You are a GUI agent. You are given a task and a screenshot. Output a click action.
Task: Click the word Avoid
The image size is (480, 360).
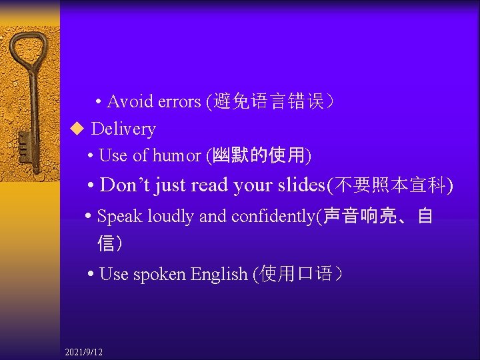(x=131, y=101)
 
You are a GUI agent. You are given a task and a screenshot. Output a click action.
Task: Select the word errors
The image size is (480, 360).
(x=179, y=101)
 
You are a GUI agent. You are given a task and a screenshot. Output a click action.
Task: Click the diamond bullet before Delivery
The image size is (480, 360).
(x=75, y=128)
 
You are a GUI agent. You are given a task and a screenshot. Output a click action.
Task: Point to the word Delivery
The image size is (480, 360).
(x=123, y=129)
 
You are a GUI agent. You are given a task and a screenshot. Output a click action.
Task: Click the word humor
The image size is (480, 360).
(x=176, y=155)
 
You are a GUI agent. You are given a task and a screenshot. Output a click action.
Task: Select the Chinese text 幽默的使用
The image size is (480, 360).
(x=258, y=155)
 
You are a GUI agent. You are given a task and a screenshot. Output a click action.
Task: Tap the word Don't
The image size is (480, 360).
(x=125, y=185)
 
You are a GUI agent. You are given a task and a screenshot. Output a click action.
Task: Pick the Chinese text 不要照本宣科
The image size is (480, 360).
(x=389, y=185)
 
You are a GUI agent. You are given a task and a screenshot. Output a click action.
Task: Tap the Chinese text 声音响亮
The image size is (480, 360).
(x=361, y=216)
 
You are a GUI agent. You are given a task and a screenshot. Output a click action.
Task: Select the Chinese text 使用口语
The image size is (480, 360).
(x=294, y=274)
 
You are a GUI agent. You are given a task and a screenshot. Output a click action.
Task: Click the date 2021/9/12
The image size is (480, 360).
(x=84, y=351)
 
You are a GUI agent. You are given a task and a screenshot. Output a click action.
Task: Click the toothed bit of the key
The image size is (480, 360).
(x=24, y=143)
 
